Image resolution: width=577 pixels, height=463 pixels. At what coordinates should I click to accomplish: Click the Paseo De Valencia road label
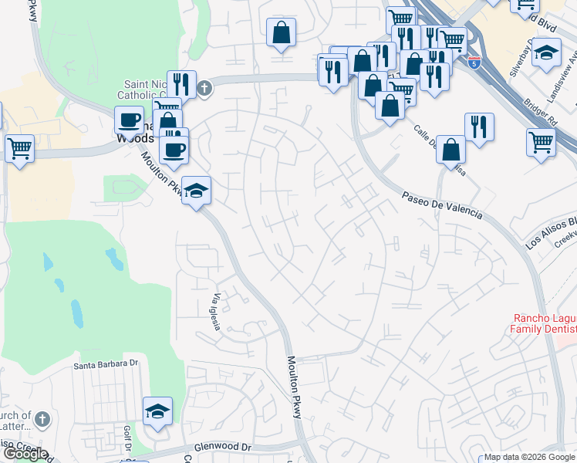click(x=442, y=206)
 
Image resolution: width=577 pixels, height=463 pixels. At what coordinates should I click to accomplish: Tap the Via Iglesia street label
click(x=219, y=312)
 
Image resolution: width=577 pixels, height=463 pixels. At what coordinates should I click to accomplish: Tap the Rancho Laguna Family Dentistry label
click(x=545, y=324)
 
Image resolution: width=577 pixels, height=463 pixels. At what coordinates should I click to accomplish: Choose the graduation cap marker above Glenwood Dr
click(x=157, y=411)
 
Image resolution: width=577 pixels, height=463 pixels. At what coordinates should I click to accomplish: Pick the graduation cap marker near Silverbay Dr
click(x=546, y=54)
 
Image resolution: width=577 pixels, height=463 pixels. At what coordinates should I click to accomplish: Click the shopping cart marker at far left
click(x=19, y=147)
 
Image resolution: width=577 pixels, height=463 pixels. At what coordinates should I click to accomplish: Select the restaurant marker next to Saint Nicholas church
click(x=181, y=85)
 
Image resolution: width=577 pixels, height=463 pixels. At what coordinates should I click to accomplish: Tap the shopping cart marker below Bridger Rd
click(x=542, y=140)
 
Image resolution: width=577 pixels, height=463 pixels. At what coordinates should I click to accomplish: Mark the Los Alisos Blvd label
click(x=552, y=233)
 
